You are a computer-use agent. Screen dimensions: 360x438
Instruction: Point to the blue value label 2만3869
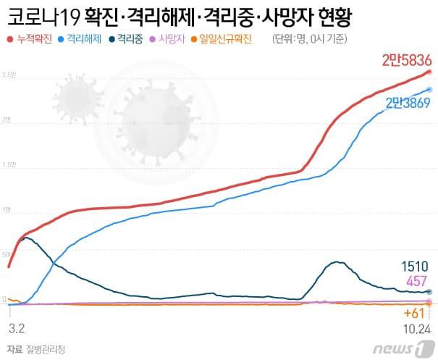pyautogui.click(x=409, y=103)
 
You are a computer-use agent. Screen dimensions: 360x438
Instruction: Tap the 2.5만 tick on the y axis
pyautogui.click(x=9, y=75)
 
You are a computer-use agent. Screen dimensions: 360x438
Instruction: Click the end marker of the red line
pyautogui.click(x=429, y=72)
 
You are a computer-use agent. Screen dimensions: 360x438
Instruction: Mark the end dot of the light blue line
pyautogui.click(x=429, y=90)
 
